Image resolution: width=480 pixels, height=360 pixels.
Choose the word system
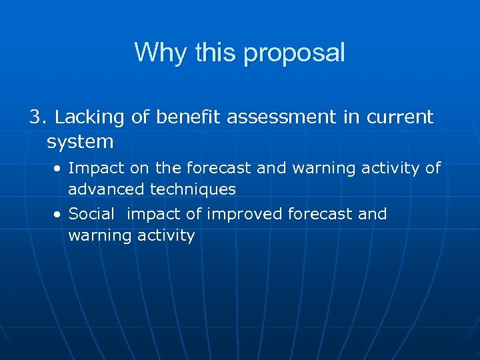[x=80, y=142]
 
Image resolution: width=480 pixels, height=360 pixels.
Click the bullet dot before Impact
[x=59, y=168]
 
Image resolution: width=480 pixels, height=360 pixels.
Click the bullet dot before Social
[x=59, y=215]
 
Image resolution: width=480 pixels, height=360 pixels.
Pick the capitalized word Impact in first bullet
[x=93, y=168]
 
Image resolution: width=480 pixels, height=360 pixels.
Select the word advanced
[x=106, y=189]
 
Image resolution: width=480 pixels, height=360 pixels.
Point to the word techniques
[x=193, y=189]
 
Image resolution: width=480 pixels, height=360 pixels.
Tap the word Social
[x=91, y=214]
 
